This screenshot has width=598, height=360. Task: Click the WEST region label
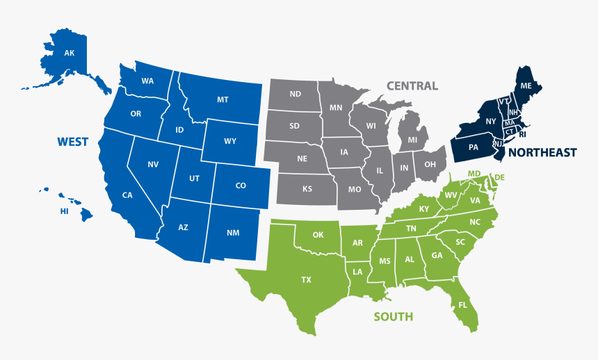coord(72,142)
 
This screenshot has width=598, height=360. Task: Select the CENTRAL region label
coord(412,86)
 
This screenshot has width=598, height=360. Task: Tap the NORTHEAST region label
coord(542,152)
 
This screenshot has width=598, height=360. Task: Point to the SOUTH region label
coord(393,317)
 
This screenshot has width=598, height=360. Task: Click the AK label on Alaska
coord(69,53)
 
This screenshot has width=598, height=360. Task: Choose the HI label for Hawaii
coord(64,211)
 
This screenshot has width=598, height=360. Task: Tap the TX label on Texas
coord(306,280)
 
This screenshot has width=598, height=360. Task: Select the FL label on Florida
coord(463,304)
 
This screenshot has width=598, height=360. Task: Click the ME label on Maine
coord(526,86)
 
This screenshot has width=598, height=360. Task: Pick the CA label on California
coord(127,195)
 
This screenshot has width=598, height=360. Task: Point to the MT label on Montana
coord(223,100)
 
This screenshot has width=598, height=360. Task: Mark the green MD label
coord(474,173)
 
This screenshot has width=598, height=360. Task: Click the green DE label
coord(499,178)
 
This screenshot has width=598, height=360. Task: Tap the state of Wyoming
coord(230,141)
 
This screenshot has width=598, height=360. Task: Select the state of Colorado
coord(241,186)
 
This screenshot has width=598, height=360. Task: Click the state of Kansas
coord(307,189)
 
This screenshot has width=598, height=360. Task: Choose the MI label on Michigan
coord(412,140)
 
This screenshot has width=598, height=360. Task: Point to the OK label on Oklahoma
coord(318,235)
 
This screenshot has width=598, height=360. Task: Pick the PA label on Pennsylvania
coord(474,147)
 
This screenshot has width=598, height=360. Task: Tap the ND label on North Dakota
coord(296,94)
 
